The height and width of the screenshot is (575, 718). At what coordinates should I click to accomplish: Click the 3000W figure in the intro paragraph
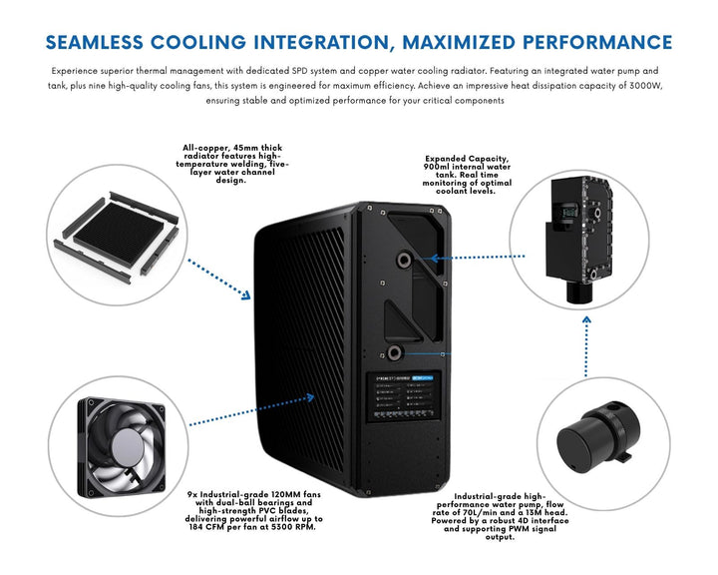[611, 86]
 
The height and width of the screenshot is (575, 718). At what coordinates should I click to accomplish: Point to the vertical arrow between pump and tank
[586, 345]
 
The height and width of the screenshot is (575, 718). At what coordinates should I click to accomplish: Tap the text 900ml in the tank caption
[440, 168]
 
